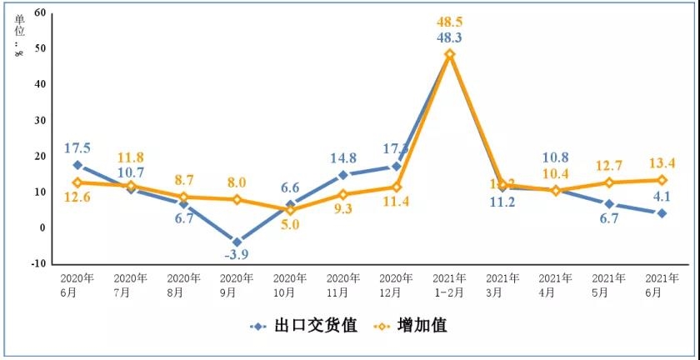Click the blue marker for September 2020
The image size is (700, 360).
237,242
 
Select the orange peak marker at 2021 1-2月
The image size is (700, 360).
449,54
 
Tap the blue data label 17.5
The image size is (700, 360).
77,148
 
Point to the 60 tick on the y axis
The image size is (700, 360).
40,12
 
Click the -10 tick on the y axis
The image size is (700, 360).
38,263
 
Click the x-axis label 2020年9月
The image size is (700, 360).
237,284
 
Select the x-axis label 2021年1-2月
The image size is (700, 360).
449,284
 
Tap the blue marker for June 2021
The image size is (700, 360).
662,213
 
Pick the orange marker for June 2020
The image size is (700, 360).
77,182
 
